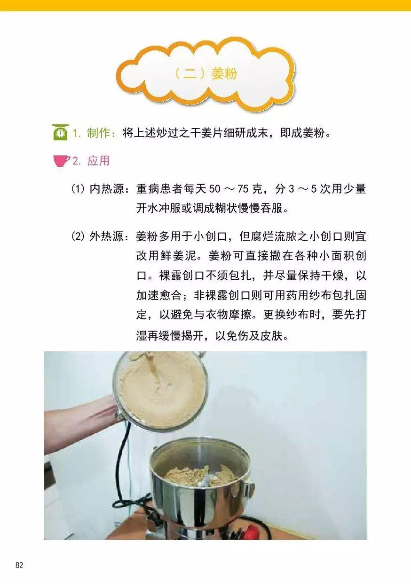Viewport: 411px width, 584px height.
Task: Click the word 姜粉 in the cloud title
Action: tap(224, 74)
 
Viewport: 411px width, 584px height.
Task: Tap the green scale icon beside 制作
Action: tap(60, 133)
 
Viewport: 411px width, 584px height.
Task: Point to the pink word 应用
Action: tap(98, 161)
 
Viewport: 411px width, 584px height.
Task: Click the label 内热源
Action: tap(106, 189)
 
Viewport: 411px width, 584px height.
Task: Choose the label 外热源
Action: tap(106, 237)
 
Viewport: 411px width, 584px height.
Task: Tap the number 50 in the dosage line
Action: tap(214, 190)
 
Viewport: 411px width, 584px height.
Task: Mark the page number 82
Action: tap(19, 565)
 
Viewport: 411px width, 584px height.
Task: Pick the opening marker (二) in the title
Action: tap(190, 74)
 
